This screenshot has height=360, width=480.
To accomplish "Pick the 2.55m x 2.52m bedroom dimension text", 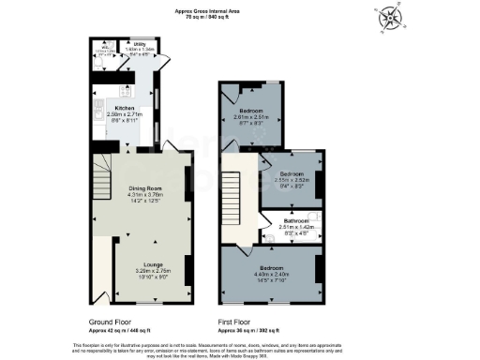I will pos(293,180).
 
